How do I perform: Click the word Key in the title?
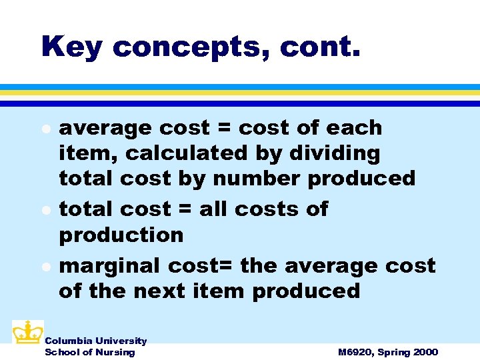71,47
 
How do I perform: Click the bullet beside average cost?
45,127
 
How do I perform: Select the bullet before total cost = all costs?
45,209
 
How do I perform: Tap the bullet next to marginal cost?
45,266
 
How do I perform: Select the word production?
121,235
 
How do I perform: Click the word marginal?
110,265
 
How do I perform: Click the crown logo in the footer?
27,332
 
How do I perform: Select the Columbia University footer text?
95,341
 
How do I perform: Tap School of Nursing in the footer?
89,351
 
